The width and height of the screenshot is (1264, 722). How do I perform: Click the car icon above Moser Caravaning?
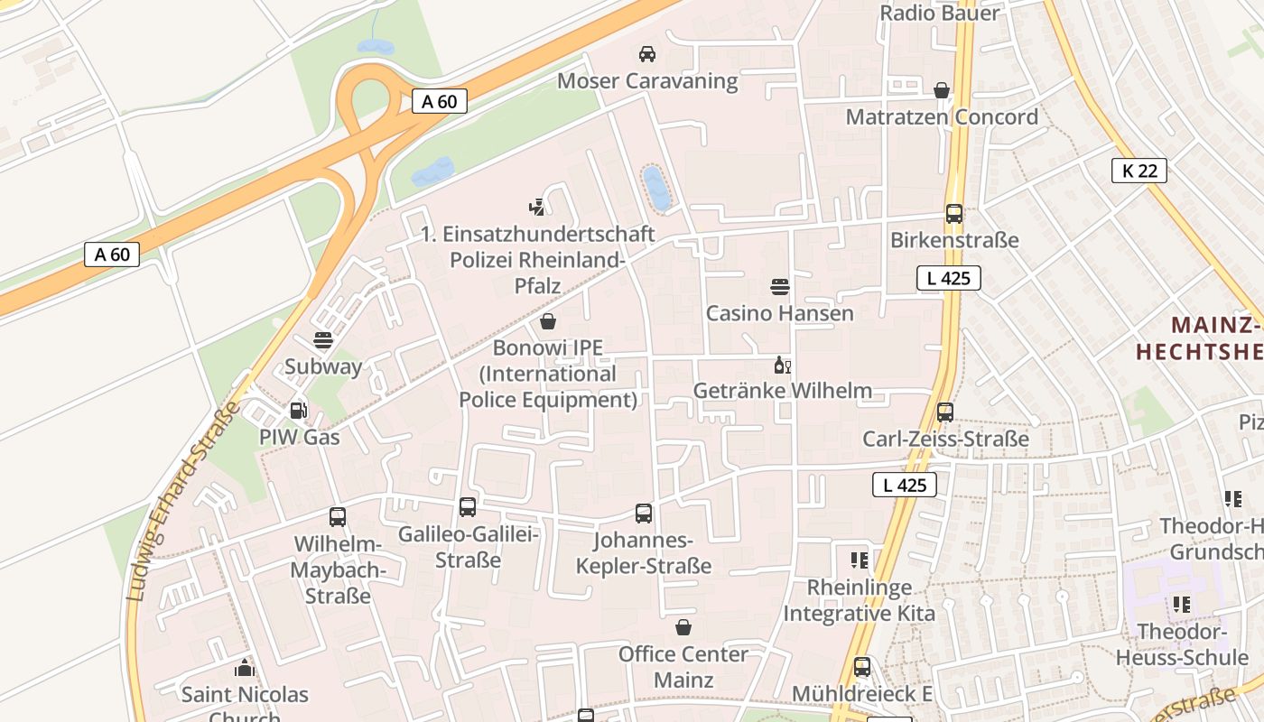pos(646,54)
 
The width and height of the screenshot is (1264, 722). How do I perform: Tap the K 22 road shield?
pos(1139,171)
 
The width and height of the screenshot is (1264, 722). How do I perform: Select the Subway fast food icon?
pos(322,340)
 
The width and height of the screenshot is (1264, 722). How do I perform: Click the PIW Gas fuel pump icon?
pos(298,411)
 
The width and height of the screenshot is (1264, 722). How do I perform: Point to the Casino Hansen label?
pos(779,313)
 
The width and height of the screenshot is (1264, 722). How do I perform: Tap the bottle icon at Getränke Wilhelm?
pos(782,366)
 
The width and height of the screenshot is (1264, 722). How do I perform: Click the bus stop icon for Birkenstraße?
pos(954,214)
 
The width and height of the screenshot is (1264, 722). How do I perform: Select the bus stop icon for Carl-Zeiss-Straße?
pos(945,412)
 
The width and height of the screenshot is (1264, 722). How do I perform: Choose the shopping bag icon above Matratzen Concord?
pos(942,90)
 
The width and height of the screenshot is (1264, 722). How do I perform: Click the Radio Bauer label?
pos(939,13)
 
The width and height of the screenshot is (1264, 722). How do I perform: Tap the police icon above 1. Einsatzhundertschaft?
pos(537,207)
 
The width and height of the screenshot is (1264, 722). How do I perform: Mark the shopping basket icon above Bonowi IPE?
pos(548,321)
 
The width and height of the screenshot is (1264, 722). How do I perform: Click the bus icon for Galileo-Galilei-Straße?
pos(468,507)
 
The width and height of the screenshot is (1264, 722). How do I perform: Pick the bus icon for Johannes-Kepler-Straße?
pos(644,514)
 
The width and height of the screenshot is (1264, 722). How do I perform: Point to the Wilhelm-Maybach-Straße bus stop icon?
pos(338,517)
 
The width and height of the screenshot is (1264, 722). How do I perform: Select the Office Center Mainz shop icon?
pos(683,627)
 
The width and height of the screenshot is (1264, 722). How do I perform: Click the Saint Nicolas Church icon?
pos(245,668)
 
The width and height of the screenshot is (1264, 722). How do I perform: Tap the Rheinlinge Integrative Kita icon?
pos(859,560)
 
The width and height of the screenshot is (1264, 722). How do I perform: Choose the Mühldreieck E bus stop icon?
pos(862,667)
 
